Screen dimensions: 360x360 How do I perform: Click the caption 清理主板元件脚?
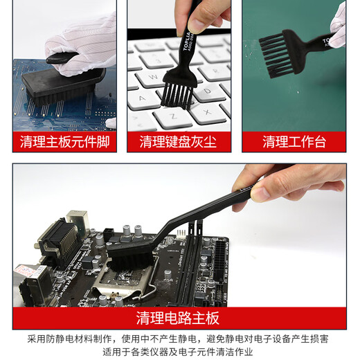pyautogui.click(x=64, y=142)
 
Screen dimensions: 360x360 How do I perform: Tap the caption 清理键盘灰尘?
pyautogui.click(x=179, y=142)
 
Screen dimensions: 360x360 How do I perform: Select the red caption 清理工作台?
pyautogui.click(x=294, y=142)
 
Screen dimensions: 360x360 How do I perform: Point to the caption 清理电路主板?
pyautogui.click(x=179, y=318)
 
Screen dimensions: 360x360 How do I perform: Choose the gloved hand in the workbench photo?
pyautogui.click(x=338, y=24)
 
